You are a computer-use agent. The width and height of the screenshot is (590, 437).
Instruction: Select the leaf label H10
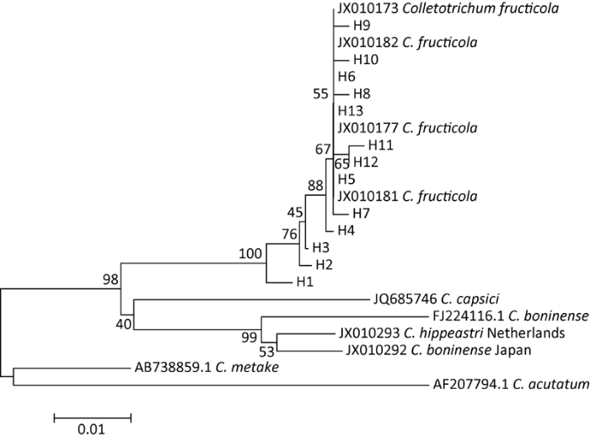click(x=367, y=59)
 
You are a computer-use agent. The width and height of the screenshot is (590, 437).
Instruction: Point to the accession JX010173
click(x=366, y=9)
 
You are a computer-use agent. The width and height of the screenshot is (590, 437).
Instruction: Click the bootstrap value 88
click(x=317, y=185)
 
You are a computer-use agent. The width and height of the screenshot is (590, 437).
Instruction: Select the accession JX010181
click(x=366, y=196)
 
